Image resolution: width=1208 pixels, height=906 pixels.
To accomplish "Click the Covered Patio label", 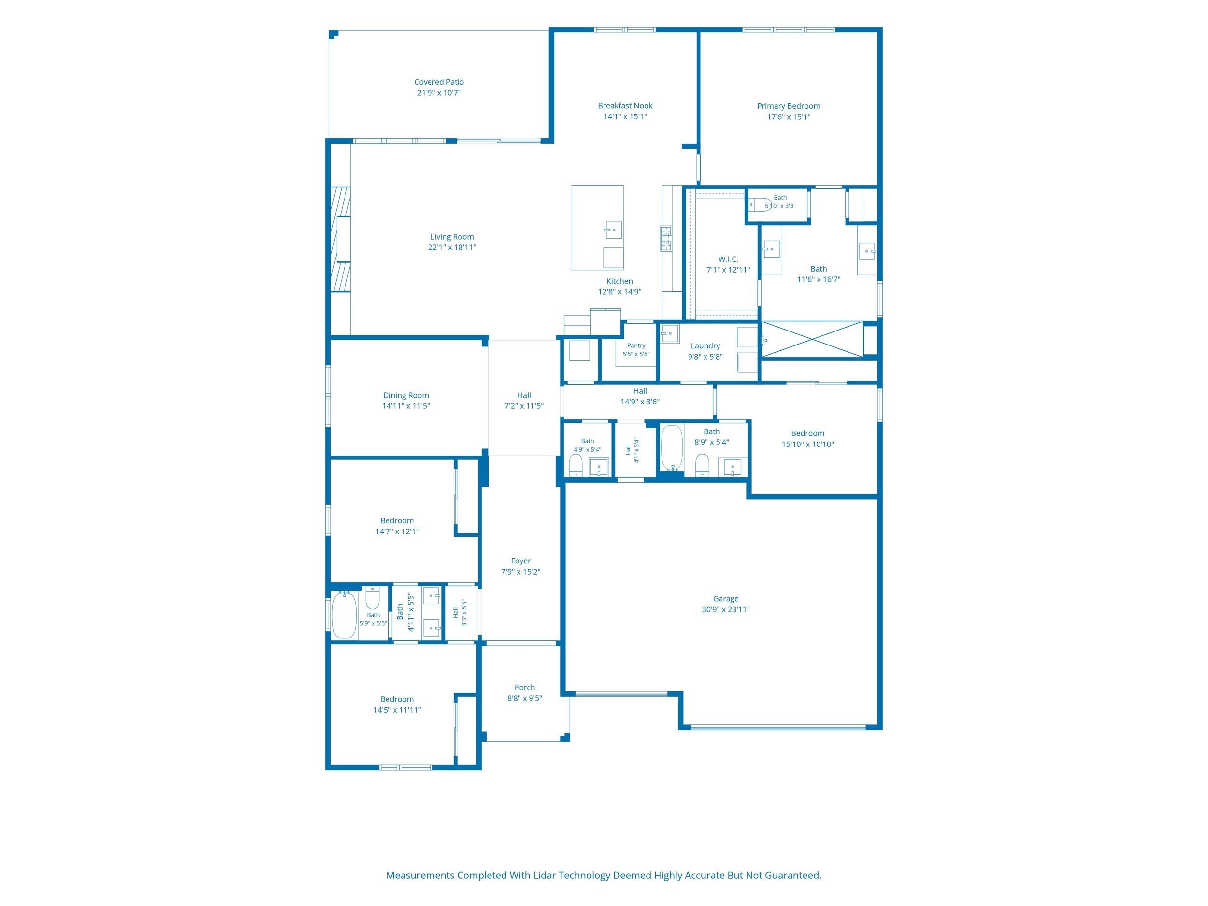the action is click(439, 82).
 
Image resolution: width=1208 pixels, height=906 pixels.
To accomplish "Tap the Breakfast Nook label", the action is click(625, 106).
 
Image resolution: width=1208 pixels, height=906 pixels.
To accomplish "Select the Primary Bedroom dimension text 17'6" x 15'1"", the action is click(789, 117).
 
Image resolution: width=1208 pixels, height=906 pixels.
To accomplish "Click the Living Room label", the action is click(452, 237).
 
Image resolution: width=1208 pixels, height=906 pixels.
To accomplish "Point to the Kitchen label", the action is click(620, 281).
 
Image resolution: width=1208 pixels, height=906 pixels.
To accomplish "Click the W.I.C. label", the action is click(729, 259).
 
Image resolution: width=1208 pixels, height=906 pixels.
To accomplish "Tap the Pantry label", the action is click(636, 345).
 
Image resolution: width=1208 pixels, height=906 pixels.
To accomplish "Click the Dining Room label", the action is click(406, 395).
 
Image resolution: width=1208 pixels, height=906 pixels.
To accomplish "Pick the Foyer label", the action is click(521, 561).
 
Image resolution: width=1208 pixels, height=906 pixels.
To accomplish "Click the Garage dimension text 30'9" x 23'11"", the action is click(726, 609).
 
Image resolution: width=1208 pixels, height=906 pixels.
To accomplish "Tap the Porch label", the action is click(525, 688).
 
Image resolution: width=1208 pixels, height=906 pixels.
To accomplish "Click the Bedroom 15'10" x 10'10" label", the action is click(808, 433).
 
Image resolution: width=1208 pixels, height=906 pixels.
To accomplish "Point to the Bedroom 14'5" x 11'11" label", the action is click(397, 700).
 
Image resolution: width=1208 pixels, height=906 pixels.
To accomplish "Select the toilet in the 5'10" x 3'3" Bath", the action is click(760, 204).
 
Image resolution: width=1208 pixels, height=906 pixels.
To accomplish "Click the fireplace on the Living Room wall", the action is click(340, 240).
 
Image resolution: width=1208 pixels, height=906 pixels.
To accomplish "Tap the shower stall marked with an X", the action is click(812, 340).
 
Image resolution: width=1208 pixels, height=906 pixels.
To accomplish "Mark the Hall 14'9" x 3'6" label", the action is click(640, 391).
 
